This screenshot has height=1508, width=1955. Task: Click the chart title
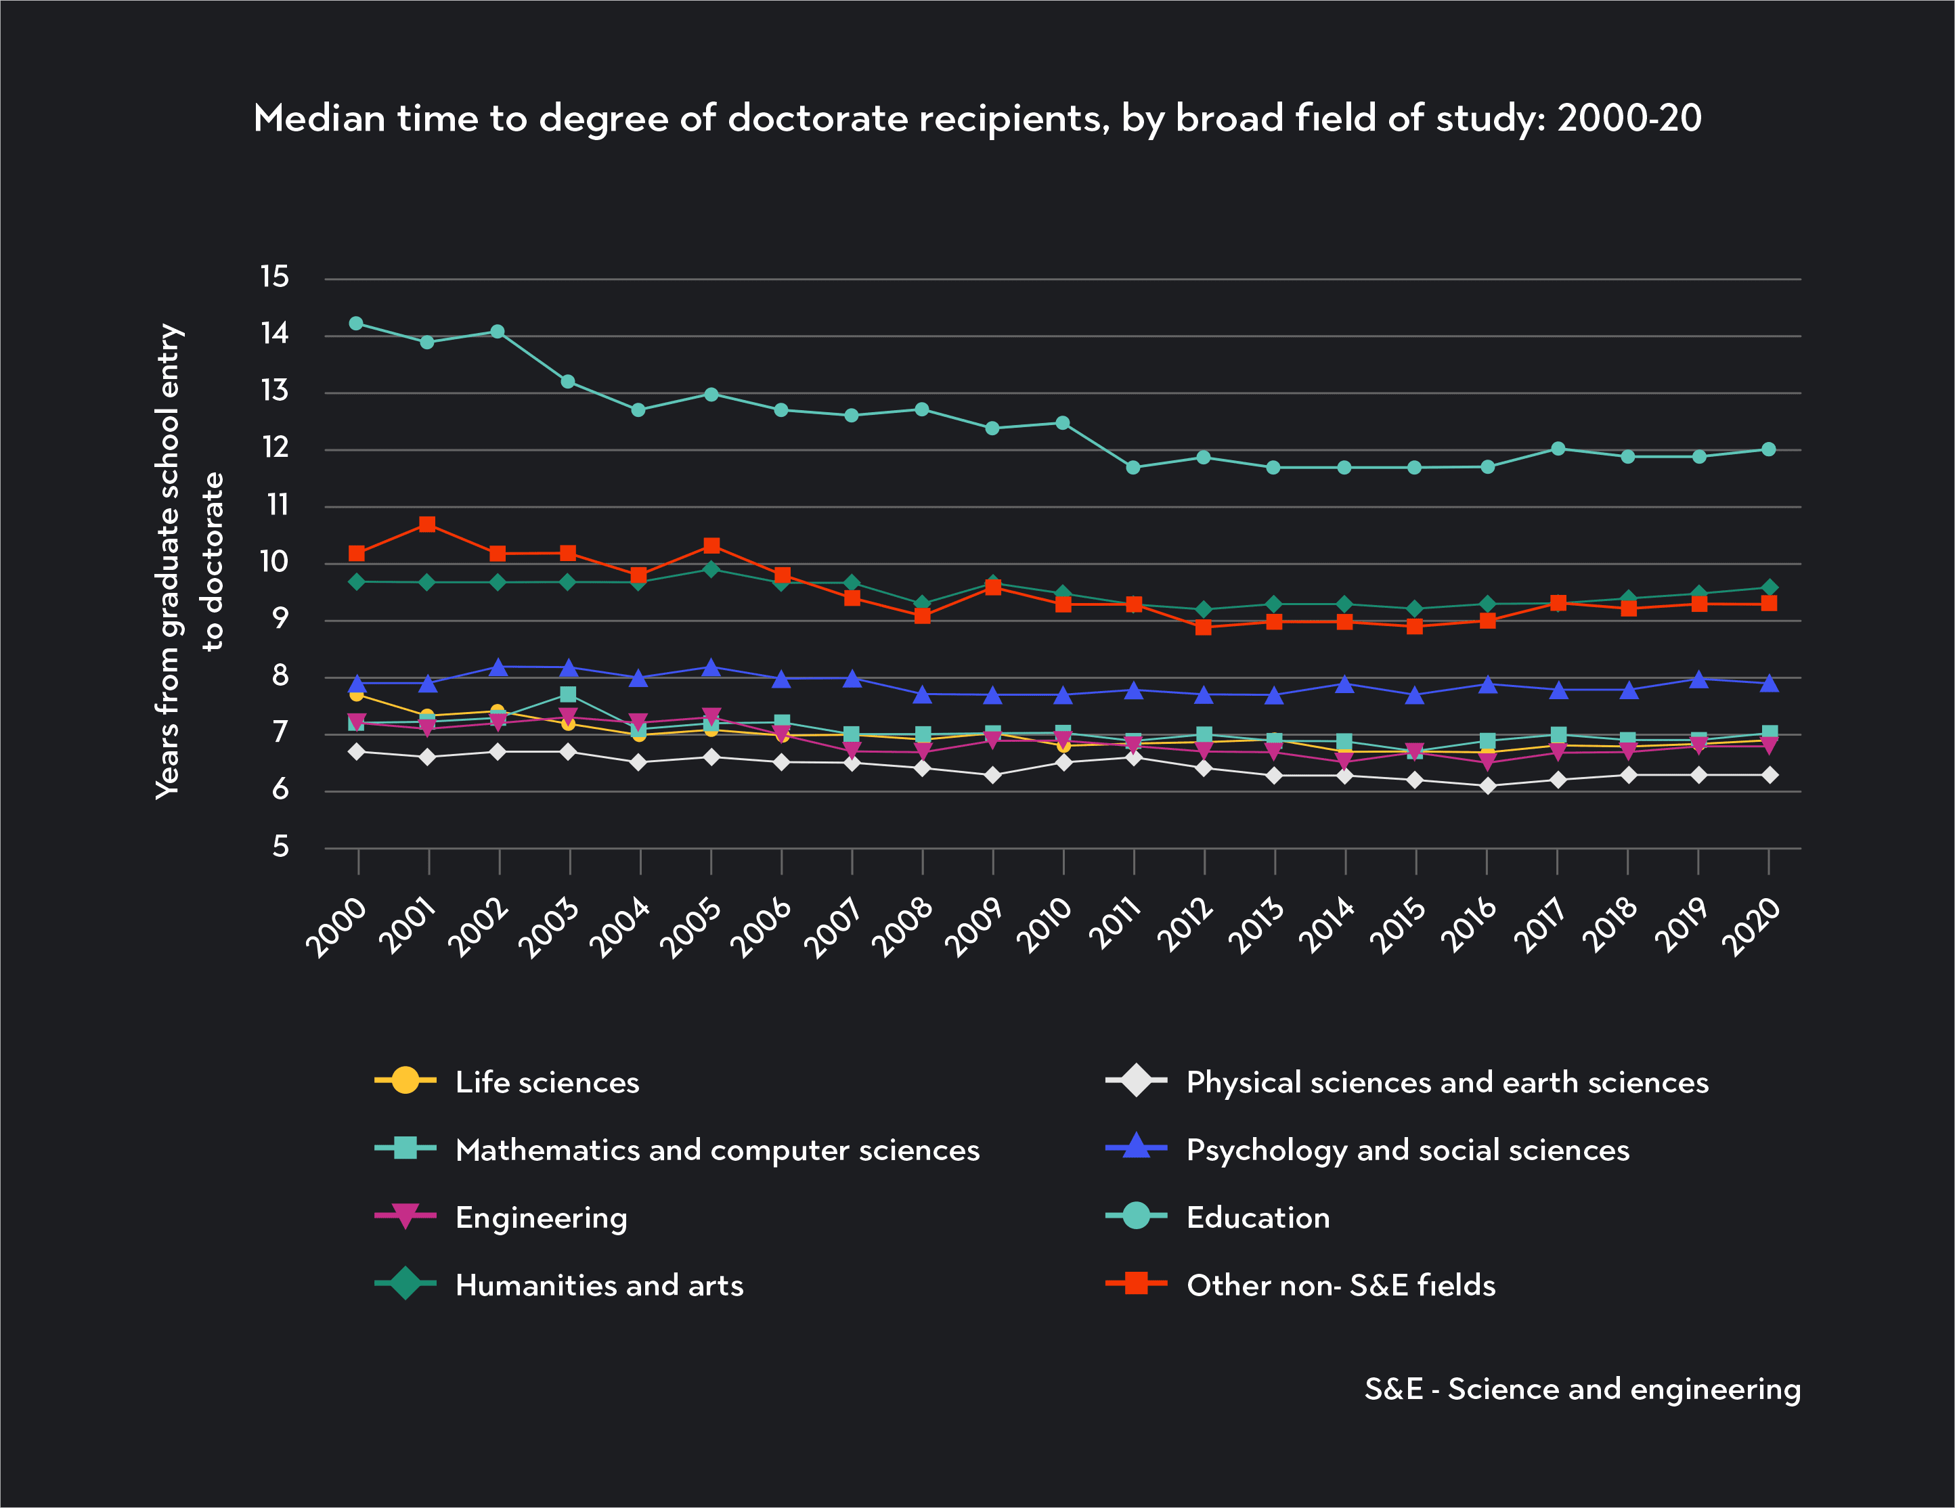[977, 118]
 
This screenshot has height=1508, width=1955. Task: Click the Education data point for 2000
[356, 323]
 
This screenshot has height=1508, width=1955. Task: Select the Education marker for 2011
[1133, 467]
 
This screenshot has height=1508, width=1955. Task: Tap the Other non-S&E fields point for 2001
[427, 525]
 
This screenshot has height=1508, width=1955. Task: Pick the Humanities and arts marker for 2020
[1769, 588]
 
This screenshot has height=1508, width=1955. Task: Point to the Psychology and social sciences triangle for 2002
[499, 667]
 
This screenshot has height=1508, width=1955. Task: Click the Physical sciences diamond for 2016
[1488, 786]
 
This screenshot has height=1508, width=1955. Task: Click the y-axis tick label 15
[275, 277]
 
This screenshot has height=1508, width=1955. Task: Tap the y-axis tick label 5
[281, 846]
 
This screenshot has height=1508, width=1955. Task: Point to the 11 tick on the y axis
[278, 505]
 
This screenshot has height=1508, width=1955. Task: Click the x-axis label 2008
[903, 927]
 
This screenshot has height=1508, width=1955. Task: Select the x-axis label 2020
[1752, 927]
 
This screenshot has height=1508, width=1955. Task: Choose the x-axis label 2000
[338, 927]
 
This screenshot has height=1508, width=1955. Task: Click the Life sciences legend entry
[547, 1082]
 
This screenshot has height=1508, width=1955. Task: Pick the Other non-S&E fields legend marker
[1136, 1283]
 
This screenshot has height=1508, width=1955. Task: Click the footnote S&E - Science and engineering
[1582, 1389]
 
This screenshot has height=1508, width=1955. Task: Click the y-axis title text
[189, 562]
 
